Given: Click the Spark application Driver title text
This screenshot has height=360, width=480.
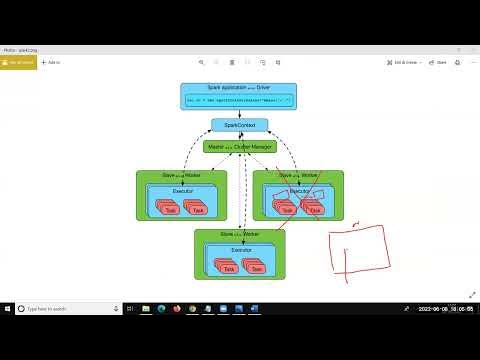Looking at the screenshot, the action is [x=239, y=88].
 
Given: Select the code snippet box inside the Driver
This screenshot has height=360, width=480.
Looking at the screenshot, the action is [x=239, y=100].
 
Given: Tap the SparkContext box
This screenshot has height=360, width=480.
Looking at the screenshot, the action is [x=239, y=125].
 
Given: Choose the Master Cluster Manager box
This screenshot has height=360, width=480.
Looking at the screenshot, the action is [x=239, y=146].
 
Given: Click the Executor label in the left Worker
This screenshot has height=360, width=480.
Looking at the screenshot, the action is [x=182, y=188].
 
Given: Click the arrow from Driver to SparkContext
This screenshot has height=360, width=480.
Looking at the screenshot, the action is [x=239, y=113].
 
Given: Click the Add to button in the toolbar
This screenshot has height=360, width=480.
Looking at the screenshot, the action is [x=53, y=62].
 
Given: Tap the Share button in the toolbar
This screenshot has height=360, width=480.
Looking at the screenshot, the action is [x=438, y=62].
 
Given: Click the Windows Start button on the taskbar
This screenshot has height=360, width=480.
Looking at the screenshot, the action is [x=8, y=309].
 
